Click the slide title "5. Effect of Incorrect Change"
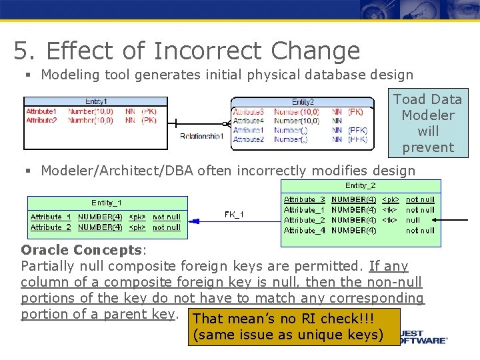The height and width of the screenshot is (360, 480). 187,51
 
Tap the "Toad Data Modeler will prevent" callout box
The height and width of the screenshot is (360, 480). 427,123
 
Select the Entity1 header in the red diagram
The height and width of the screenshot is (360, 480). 96,101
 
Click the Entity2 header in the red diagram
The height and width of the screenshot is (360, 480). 303,101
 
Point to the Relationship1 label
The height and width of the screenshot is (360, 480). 203,136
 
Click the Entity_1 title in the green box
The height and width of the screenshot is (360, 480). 107,203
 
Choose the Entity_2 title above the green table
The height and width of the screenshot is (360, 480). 360,185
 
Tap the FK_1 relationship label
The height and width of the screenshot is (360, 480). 233,215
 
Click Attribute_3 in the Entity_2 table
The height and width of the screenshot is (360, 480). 304,199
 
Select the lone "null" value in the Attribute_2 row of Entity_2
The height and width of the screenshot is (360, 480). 413,220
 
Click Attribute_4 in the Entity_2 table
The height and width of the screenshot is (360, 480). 304,231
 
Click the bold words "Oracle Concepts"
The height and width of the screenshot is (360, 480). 82,250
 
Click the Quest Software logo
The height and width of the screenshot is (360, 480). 424,337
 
